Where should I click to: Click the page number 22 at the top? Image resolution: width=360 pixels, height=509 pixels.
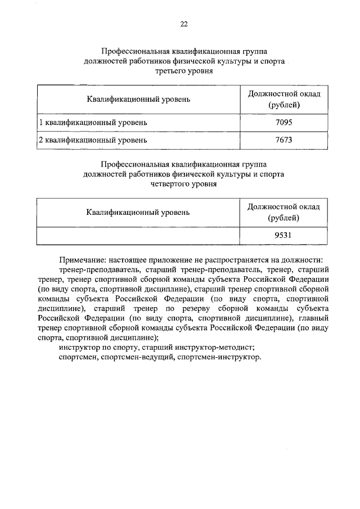click(183, 24)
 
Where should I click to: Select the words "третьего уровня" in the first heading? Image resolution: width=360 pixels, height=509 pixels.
click(183, 72)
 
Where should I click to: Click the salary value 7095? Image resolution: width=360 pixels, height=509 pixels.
click(284, 122)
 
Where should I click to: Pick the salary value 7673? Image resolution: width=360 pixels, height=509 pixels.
click(284, 140)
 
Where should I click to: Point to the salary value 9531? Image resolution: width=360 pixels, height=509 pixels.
click(284, 236)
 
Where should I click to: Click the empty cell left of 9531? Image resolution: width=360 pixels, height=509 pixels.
click(138, 236)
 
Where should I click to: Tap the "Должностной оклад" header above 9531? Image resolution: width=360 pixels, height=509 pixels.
click(284, 207)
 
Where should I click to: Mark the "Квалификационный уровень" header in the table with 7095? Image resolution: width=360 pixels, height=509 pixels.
click(138, 100)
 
